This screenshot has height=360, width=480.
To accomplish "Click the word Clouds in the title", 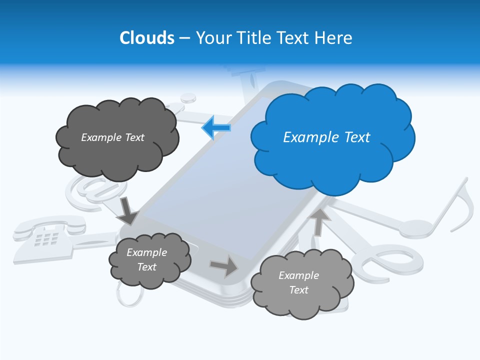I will click(147, 38).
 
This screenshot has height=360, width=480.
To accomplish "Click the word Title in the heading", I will click(253, 38).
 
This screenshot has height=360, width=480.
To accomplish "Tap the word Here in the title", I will click(333, 38).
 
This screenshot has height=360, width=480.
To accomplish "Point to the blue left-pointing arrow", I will click(216, 128).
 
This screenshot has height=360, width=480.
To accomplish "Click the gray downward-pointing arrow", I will click(127, 210).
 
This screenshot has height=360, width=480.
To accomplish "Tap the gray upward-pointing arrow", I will click(319, 221).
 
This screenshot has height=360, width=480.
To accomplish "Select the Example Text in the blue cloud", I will click(326, 137).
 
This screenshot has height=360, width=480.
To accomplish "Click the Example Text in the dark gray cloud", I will click(112, 137).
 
